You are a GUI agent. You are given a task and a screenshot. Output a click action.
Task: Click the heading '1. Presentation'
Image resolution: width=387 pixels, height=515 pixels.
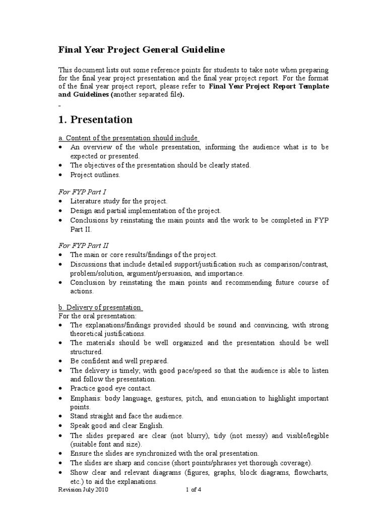[x=96, y=120]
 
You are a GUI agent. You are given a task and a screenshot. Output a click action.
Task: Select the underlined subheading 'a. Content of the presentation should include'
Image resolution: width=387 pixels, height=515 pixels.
[x=128, y=138]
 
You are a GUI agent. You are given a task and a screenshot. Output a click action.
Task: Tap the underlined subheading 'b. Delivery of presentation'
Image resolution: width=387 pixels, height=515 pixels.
[x=99, y=307]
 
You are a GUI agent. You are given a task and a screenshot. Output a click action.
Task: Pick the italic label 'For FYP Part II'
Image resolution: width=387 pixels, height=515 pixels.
[x=83, y=245]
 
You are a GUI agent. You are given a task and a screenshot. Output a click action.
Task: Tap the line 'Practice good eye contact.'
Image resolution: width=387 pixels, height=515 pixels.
[x=111, y=388]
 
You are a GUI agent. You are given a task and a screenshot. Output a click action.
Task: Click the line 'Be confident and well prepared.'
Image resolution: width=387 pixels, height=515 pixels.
[x=119, y=361]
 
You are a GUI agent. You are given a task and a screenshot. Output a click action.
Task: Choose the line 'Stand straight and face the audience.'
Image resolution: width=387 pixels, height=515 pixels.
[x=126, y=416]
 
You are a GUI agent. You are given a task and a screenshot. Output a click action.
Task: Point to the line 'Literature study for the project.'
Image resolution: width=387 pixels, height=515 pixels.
[x=119, y=201]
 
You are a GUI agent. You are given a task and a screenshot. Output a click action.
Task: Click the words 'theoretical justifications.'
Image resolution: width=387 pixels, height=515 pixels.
[x=107, y=333]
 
